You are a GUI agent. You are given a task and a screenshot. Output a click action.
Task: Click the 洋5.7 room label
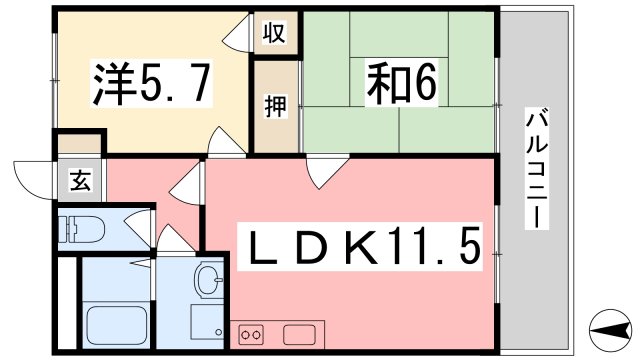tap(152, 86)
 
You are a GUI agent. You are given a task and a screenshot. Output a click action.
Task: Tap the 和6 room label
tap(399, 85)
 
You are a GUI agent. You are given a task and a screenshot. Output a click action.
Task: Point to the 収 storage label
tap(274, 34)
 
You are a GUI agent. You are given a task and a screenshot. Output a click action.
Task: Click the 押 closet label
tap(274, 106)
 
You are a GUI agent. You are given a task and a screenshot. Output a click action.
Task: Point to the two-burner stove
tap(251, 333)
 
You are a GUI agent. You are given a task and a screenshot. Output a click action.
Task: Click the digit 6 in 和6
tap(423, 86)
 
